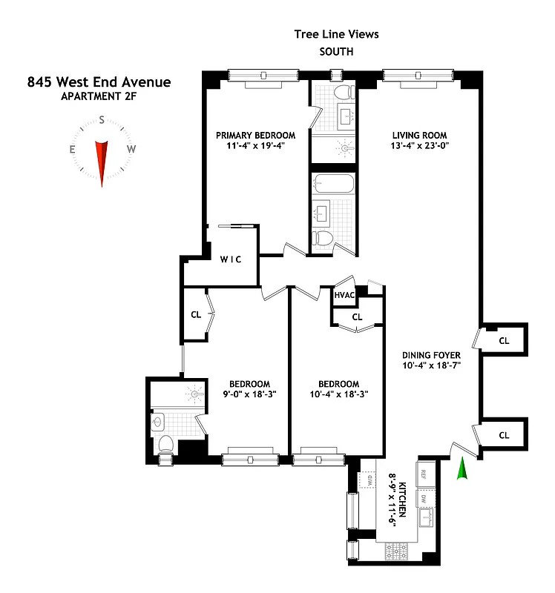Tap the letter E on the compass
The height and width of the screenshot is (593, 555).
[73, 149]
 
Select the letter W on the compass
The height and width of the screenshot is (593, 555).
[131, 149]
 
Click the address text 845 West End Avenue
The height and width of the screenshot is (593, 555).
[99, 82]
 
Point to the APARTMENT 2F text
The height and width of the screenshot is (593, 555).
[99, 96]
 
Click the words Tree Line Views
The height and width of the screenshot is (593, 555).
[335, 33]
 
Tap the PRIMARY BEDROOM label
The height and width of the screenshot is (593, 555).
[255, 135]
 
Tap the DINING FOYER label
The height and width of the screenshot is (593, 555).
[427, 354]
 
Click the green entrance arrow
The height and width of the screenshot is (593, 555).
[463, 470]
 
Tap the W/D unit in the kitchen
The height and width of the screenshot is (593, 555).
[366, 480]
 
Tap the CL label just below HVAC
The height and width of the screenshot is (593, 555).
[356, 317]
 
